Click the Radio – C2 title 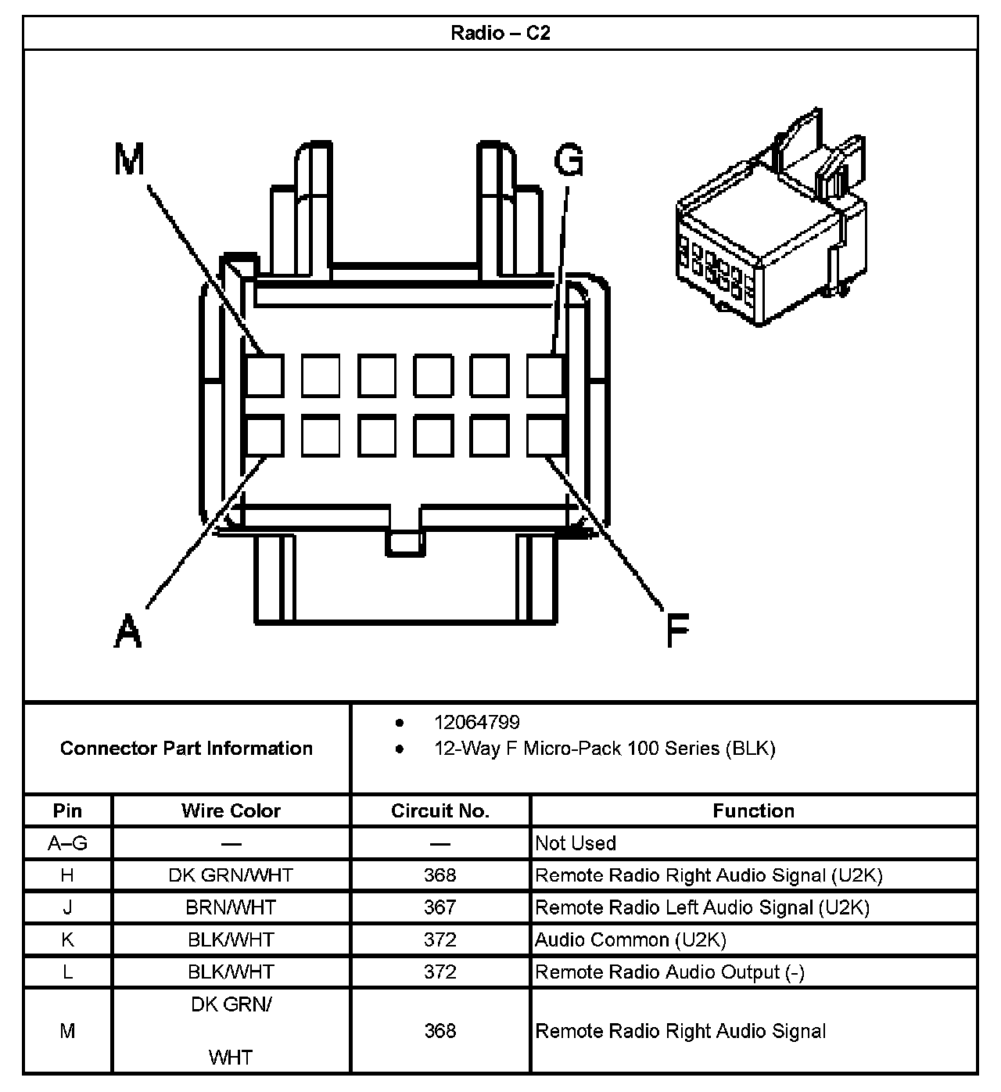pos(500,33)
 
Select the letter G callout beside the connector pos(569,160)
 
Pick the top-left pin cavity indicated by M pos(264,375)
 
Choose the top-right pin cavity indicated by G pos(545,375)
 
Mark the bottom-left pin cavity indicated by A pos(264,436)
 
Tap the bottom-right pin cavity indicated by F pos(545,436)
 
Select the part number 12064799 pos(477,722)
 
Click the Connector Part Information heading pos(186,748)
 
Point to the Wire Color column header pos(231,810)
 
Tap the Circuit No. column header pos(440,810)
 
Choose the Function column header pos(753,810)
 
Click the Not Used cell pos(576,843)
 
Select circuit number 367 pos(440,907)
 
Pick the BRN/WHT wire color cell pos(231,907)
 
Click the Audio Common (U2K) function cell pos(630,939)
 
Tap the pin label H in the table pos(67,875)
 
